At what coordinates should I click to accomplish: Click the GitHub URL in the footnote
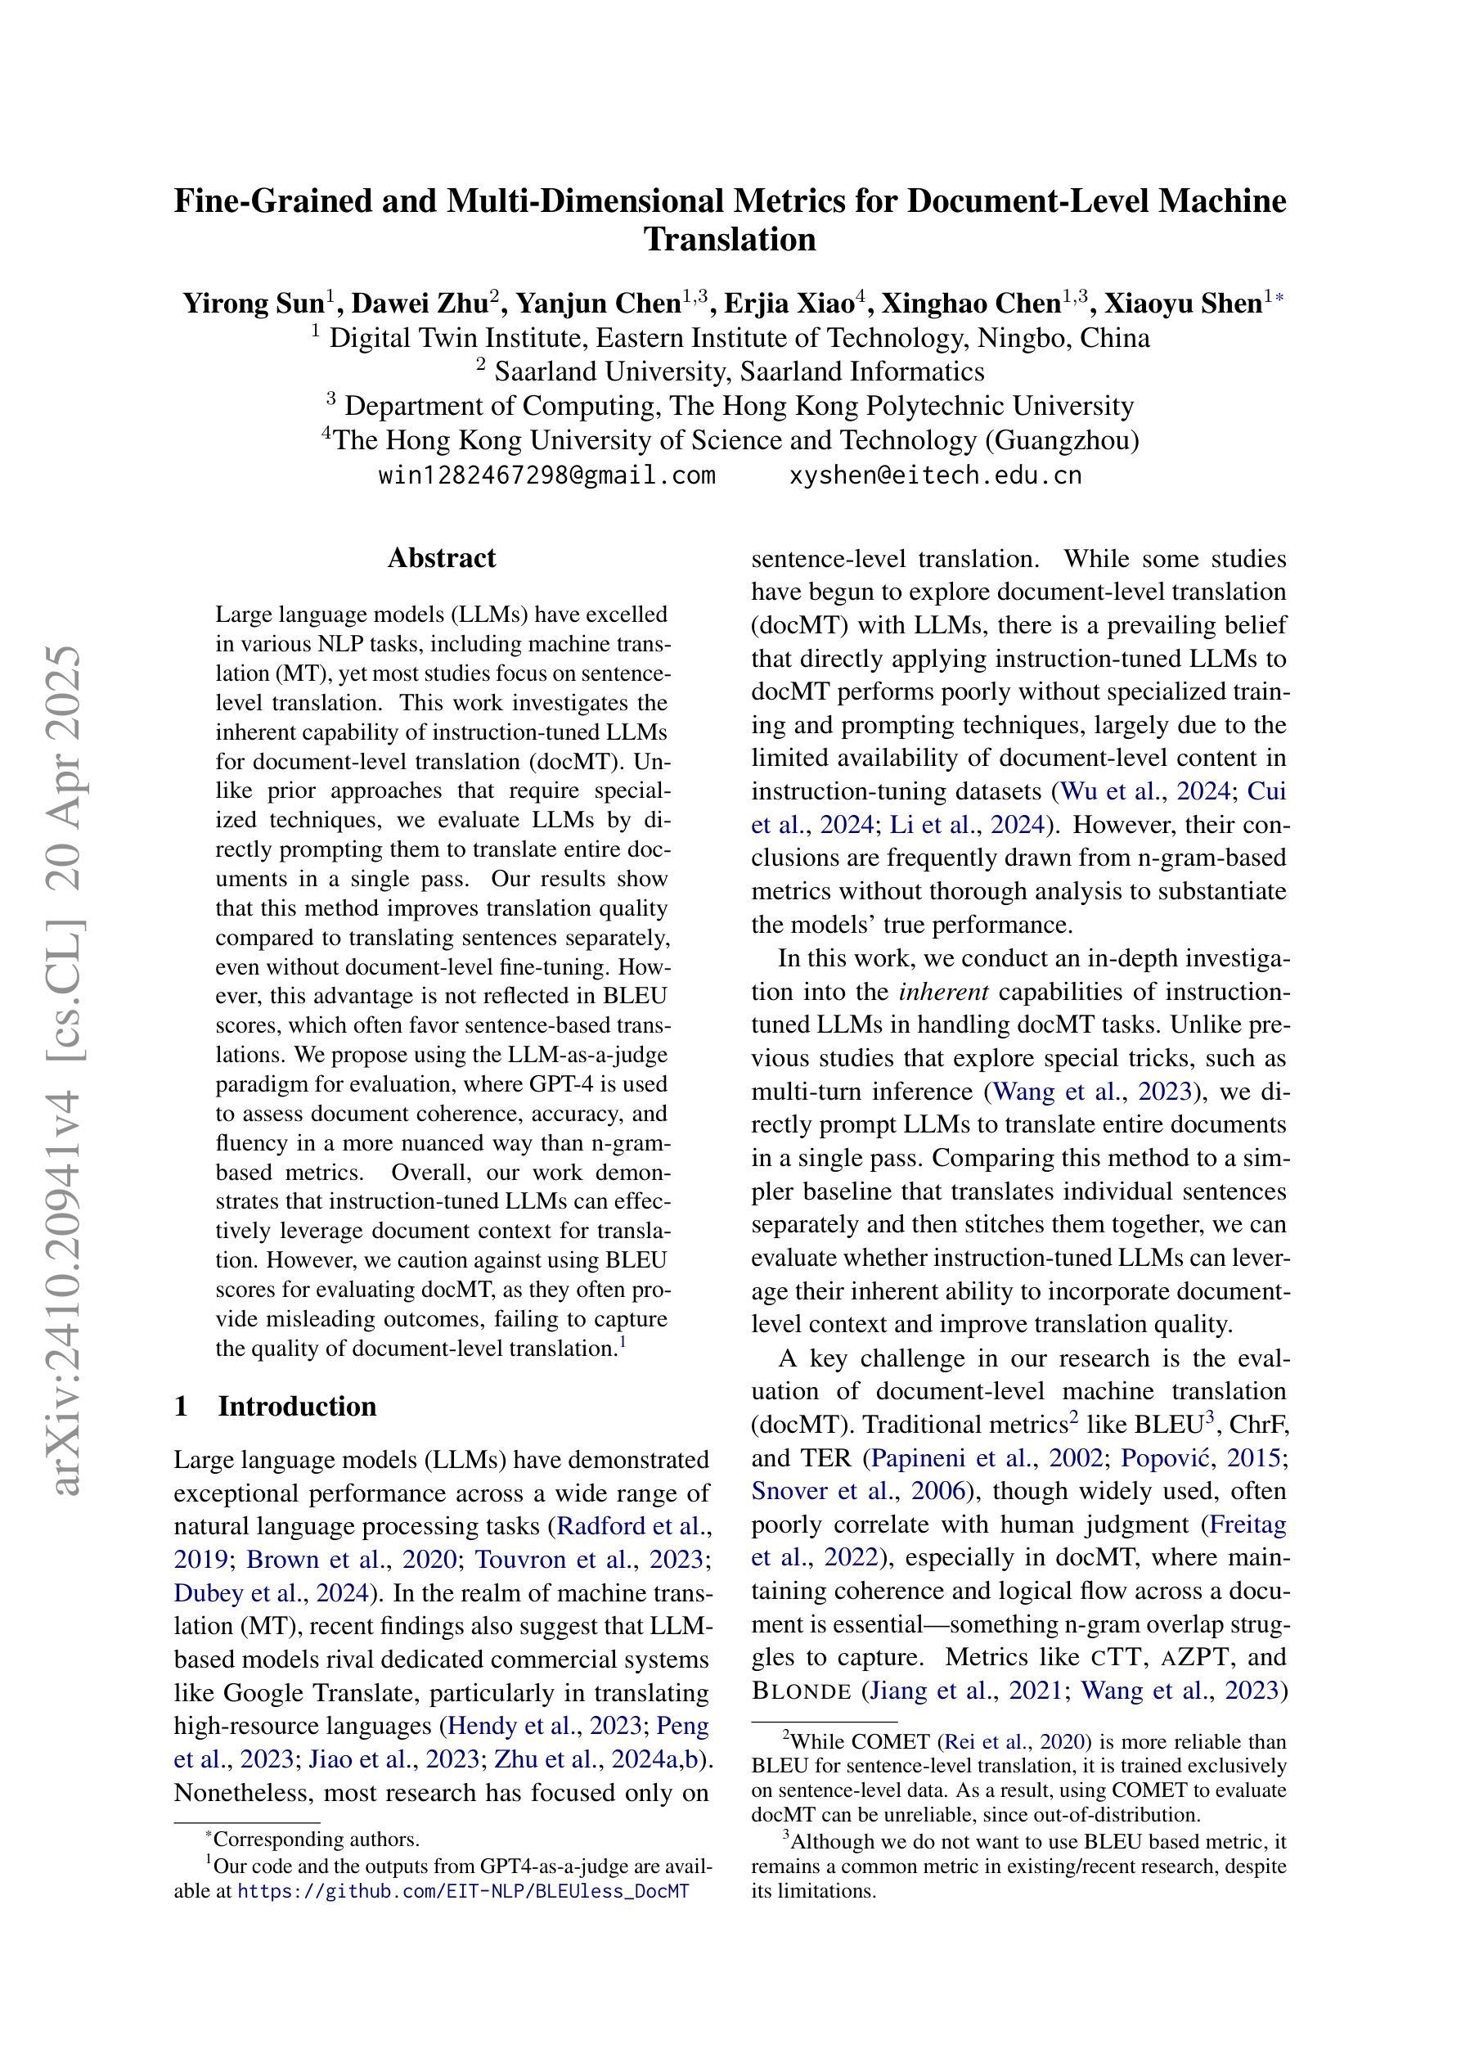point(463,1890)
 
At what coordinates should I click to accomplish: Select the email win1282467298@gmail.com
point(546,475)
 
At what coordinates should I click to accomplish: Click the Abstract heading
point(441,558)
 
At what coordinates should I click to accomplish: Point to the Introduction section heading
point(296,1406)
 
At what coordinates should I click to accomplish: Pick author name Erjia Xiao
point(789,304)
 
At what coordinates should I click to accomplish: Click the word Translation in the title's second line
point(730,240)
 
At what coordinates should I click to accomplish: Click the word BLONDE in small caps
point(800,1691)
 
